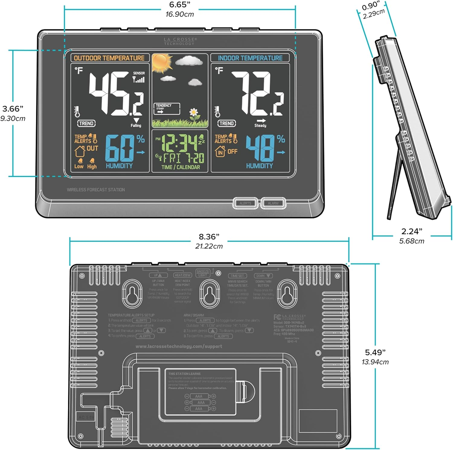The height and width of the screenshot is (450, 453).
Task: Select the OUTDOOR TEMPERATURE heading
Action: [109, 58]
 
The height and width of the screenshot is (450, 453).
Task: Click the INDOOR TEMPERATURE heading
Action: [250, 58]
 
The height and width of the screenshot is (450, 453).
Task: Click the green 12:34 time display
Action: [180, 143]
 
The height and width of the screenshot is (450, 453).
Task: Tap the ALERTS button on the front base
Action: [245, 203]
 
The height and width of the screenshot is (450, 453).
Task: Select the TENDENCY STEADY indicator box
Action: [167, 108]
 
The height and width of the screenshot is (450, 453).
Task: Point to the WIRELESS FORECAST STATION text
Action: [96, 190]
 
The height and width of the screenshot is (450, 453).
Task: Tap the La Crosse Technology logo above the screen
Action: [180, 41]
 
